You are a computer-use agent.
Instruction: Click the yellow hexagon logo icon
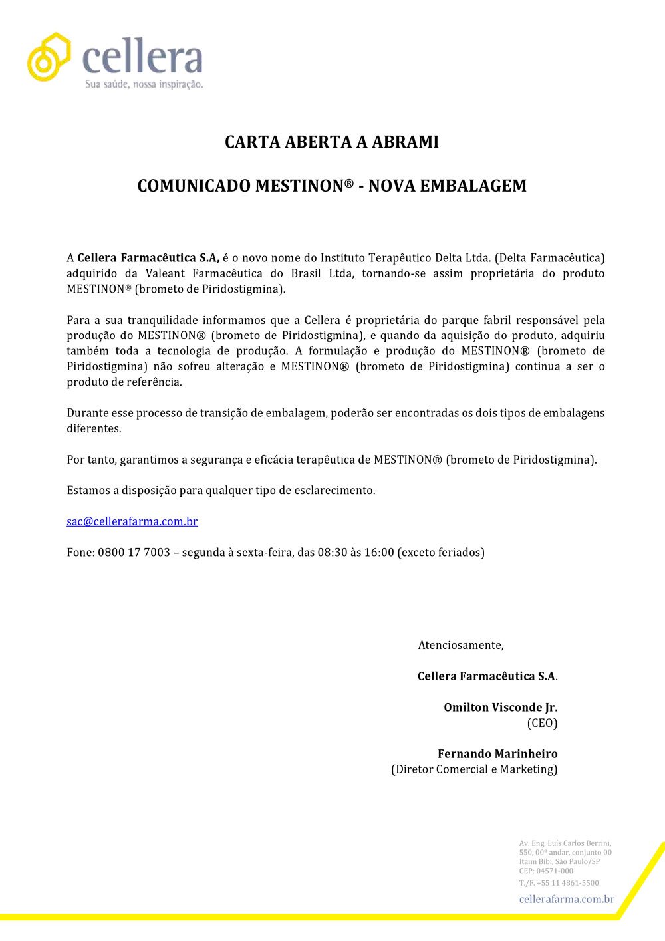point(49,57)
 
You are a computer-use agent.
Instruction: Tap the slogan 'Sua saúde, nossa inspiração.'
point(144,84)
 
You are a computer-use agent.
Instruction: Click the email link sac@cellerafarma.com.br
point(132,521)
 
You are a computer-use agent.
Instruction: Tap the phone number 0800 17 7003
point(134,553)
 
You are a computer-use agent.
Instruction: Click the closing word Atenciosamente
point(460,645)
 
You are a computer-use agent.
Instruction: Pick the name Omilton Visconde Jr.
point(501,708)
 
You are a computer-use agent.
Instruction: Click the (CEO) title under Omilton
point(542,723)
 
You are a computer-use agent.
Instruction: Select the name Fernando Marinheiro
point(497,754)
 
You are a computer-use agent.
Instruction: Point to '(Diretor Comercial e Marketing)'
point(474,769)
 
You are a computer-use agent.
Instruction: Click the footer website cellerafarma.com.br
point(567,899)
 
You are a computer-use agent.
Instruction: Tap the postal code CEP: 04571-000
point(546,871)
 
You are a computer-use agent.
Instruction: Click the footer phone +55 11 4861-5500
point(567,883)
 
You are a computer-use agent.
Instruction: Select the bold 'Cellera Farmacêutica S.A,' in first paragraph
point(148,258)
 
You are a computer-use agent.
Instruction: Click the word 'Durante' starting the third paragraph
point(87,413)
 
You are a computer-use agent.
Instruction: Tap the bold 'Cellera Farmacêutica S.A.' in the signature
point(487,676)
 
